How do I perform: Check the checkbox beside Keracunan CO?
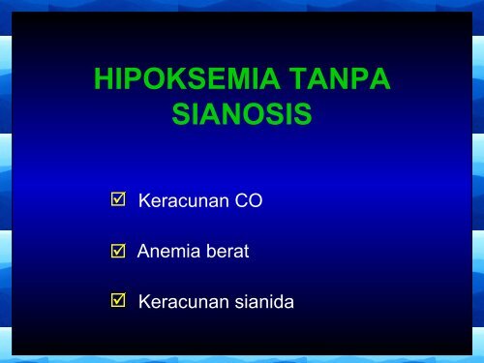(118, 201)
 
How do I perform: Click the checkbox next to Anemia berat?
(118, 252)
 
